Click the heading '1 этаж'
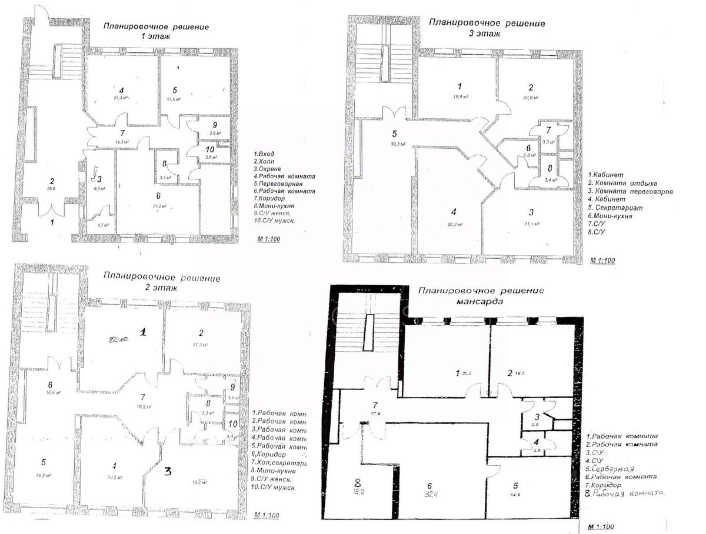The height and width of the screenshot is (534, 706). [x=155, y=36]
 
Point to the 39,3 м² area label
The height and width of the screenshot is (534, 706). [x=394, y=144]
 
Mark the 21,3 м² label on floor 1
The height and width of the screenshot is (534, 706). [x=121, y=98]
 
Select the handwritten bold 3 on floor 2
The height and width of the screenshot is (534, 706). [x=168, y=471]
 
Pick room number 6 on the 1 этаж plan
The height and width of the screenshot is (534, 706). [x=158, y=196]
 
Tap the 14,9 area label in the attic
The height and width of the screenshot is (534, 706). [x=516, y=496]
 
